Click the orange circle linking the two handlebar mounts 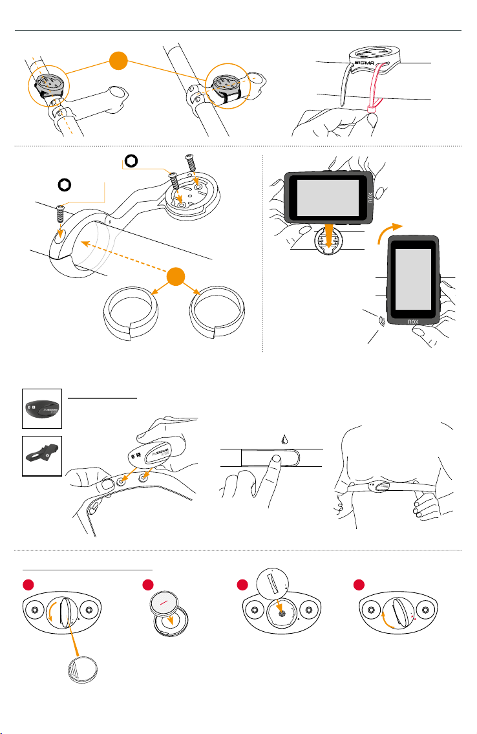click(x=118, y=61)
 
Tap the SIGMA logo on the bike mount click(x=365, y=63)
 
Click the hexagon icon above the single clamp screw click(x=65, y=185)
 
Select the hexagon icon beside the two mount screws click(x=131, y=162)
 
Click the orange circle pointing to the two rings click(x=176, y=276)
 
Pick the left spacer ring click(x=131, y=313)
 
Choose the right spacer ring click(x=217, y=312)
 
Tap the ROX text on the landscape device click(x=370, y=197)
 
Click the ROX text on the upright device click(x=413, y=321)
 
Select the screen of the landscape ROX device click(x=328, y=197)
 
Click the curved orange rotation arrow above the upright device click(x=390, y=233)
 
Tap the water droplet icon click(x=284, y=440)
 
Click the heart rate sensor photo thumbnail click(x=42, y=409)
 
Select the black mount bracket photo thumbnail click(x=42, y=456)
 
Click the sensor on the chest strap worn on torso click(x=380, y=486)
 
